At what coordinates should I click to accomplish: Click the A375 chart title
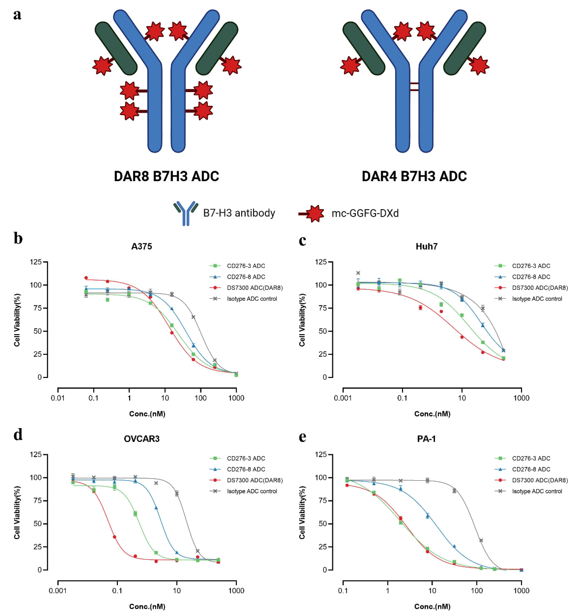142,247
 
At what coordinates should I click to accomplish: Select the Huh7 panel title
426,247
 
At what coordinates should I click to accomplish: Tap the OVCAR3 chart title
142,439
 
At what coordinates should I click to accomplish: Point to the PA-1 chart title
426,439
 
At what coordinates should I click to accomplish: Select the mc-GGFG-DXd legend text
365,213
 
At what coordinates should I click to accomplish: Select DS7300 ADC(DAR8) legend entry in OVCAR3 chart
254,480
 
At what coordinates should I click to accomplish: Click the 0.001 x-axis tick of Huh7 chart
343,398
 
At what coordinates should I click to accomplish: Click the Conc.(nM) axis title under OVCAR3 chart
147,606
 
